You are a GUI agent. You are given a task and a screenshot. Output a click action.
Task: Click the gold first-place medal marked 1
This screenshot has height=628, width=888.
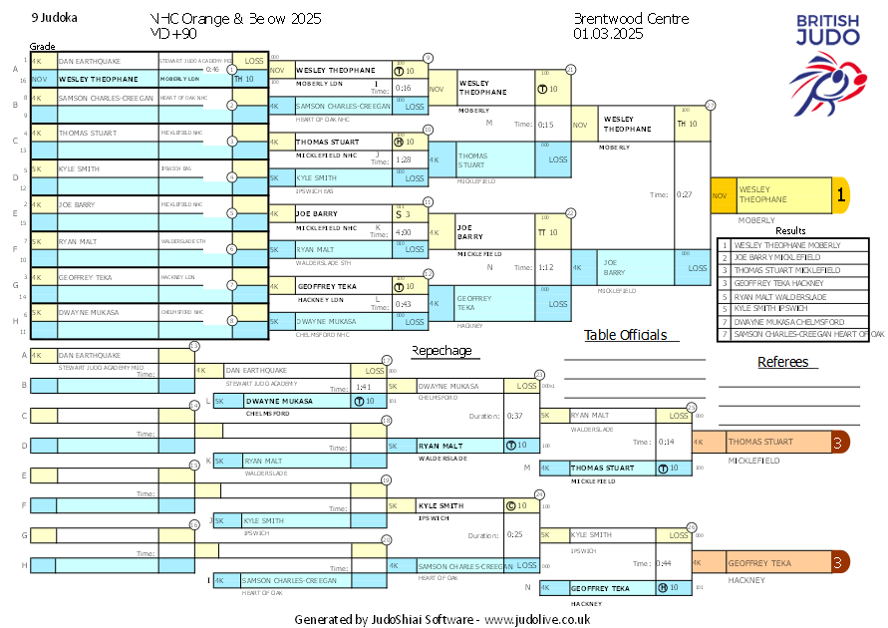click(840, 195)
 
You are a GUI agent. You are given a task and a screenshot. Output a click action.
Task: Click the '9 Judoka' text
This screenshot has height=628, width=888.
click(55, 18)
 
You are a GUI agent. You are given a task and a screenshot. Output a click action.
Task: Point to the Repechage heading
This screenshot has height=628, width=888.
click(442, 350)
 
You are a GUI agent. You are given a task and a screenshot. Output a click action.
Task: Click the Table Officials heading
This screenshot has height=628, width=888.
click(625, 335)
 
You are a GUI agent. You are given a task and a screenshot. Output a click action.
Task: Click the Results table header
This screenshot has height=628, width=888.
click(790, 230)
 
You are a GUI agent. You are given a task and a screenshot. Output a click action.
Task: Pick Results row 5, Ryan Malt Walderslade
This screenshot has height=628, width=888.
click(780, 296)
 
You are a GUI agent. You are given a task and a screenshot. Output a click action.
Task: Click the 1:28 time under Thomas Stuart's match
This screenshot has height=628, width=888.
click(404, 159)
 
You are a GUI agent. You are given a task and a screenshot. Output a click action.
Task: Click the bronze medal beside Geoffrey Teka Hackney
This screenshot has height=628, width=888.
click(840, 562)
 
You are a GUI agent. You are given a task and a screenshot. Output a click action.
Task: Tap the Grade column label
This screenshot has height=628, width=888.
click(43, 46)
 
